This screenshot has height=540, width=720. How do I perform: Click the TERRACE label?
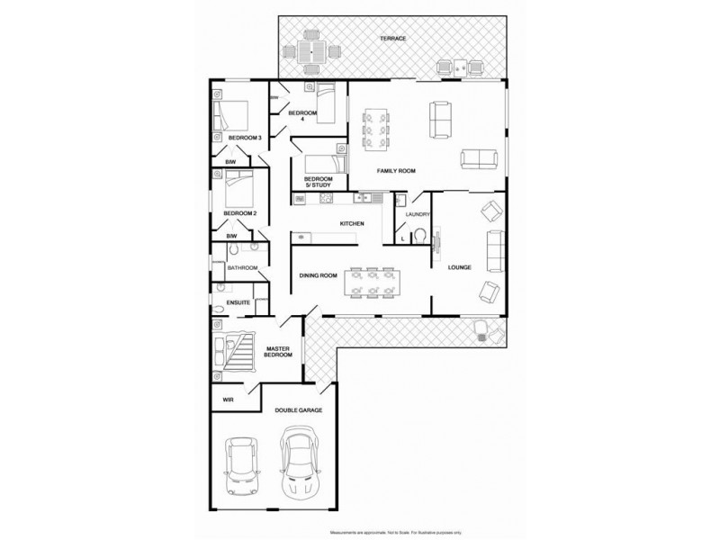point(392,39)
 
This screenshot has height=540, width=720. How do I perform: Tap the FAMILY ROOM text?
point(394,171)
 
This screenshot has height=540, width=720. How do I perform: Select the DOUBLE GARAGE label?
point(298,410)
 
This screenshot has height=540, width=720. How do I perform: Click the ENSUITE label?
point(238,302)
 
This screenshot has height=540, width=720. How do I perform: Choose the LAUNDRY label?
point(418,214)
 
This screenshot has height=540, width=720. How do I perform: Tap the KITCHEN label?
point(351,223)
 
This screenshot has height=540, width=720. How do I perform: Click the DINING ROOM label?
point(318,275)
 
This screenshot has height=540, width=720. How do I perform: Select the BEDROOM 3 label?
point(244,138)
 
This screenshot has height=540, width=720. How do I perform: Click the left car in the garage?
point(241,466)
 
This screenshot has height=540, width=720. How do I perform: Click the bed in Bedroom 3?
point(231,116)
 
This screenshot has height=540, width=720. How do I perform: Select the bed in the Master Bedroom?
point(236,350)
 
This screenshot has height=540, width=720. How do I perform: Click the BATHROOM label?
point(242,268)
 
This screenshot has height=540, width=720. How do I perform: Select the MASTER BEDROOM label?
point(278,351)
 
